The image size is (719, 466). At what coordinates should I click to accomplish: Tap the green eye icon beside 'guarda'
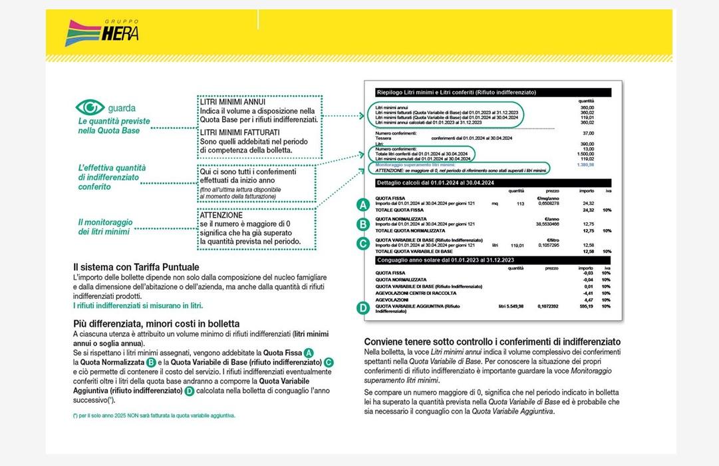(90, 107)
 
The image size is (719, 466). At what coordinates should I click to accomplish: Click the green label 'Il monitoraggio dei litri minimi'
(105, 226)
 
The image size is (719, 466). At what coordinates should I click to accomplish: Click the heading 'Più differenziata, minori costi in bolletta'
(156, 324)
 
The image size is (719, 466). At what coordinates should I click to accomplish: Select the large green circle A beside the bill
(362, 204)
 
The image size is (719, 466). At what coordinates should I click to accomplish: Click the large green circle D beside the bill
(362, 308)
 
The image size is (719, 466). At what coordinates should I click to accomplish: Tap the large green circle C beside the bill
(362, 244)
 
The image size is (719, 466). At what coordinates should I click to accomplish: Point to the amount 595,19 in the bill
(585, 306)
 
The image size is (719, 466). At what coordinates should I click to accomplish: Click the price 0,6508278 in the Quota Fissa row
(547, 204)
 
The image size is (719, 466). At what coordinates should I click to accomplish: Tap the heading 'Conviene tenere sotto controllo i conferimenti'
(492, 342)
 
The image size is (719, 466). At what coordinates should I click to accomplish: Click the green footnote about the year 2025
(154, 415)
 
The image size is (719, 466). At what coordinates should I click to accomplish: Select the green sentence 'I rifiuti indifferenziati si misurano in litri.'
(138, 305)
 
